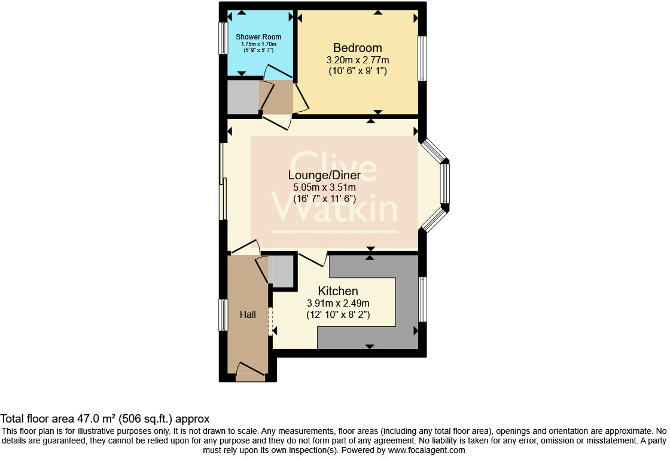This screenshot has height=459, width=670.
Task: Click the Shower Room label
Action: pyautogui.click(x=258, y=37)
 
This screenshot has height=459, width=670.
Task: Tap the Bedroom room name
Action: pyautogui.click(x=358, y=48)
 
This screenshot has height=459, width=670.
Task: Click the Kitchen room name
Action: pyautogui.click(x=338, y=291)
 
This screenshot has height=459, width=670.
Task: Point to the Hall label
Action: pyautogui.click(x=248, y=314)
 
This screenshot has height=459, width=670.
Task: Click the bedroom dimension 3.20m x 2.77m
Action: pyautogui.click(x=358, y=60)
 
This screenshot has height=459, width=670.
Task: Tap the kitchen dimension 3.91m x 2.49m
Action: pyautogui.click(x=338, y=303)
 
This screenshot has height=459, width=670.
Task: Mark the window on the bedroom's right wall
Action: pyautogui.click(x=422, y=58)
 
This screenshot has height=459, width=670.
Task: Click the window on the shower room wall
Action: pyautogui.click(x=223, y=39)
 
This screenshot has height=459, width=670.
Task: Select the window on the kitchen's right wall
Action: pyautogui.click(x=422, y=299)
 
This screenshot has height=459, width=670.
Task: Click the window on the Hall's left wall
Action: pyautogui.click(x=223, y=315)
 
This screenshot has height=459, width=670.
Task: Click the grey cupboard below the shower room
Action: pyautogui.click(x=243, y=97)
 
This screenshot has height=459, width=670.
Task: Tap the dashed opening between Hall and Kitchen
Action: pyautogui.click(x=270, y=321)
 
